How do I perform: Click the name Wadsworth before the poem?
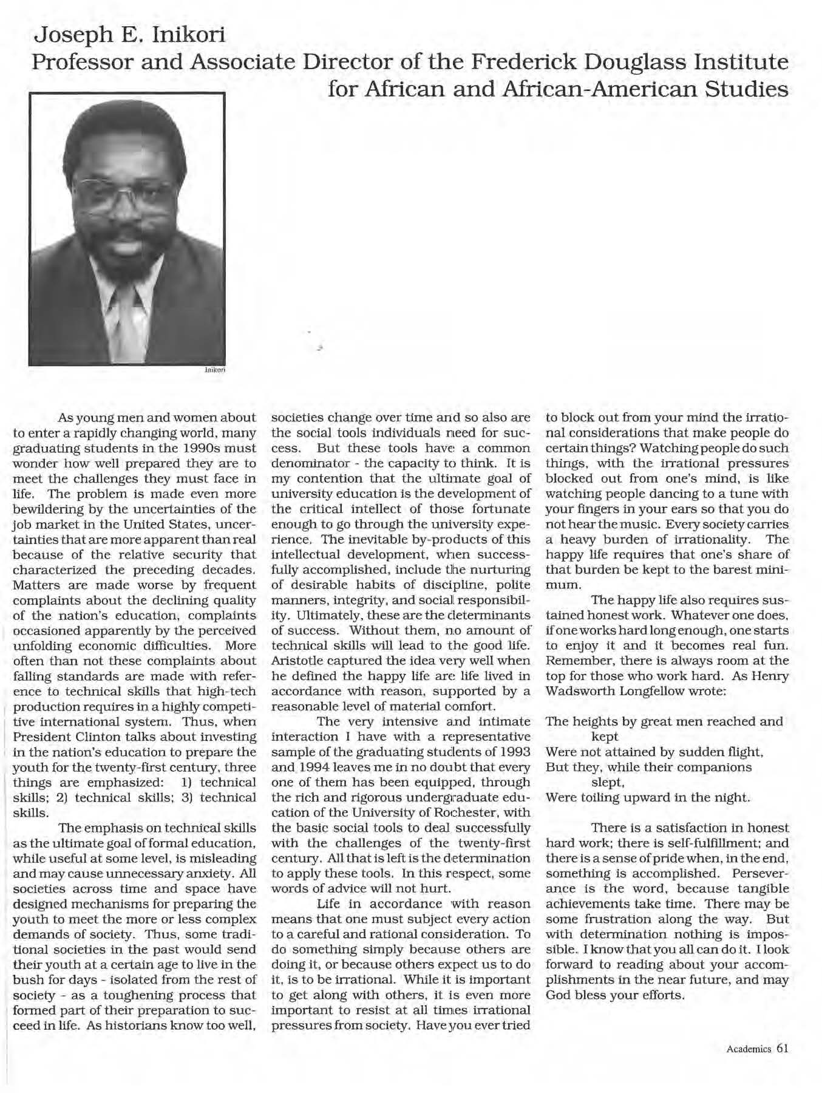point(582,691)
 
